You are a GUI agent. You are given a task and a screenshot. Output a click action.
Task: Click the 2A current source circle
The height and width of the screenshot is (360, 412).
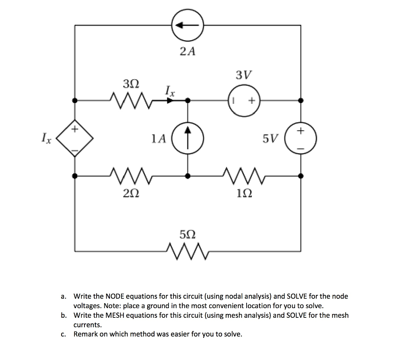point(187,25)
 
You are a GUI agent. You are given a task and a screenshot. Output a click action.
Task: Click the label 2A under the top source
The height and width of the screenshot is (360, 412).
point(187,51)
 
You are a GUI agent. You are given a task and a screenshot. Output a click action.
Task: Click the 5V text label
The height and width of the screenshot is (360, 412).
point(271,139)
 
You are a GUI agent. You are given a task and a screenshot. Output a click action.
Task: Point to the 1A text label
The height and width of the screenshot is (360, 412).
point(159,139)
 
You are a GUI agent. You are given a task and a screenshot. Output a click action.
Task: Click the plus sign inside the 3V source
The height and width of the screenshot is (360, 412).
point(251,101)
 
